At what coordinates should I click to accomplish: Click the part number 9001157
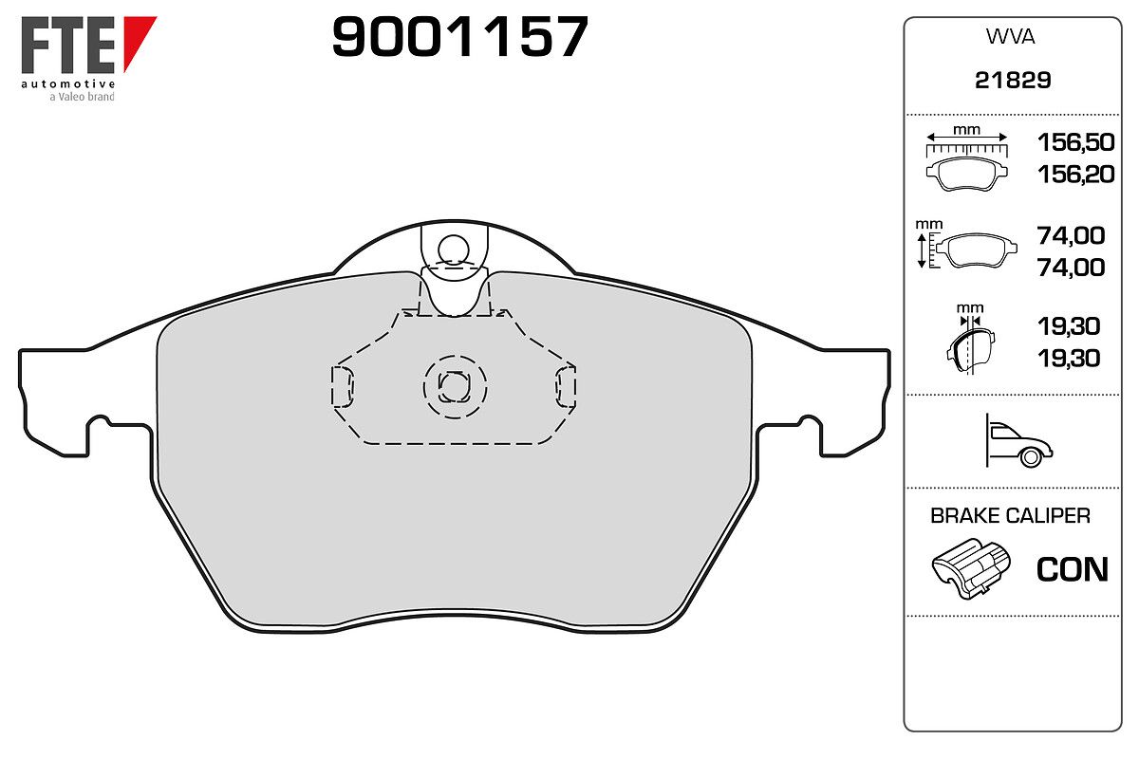pyautogui.click(x=460, y=36)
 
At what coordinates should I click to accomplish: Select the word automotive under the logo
pyautogui.click(x=68, y=83)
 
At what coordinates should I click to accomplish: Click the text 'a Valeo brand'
pyautogui.click(x=82, y=97)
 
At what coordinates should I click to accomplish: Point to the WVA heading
pyautogui.click(x=1010, y=37)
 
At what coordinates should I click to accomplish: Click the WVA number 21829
pyautogui.click(x=1013, y=80)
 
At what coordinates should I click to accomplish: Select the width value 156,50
pyautogui.click(x=1076, y=141)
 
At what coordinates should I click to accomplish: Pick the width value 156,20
pyautogui.click(x=1076, y=174)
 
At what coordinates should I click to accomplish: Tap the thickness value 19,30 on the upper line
pyautogui.click(x=1069, y=325)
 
